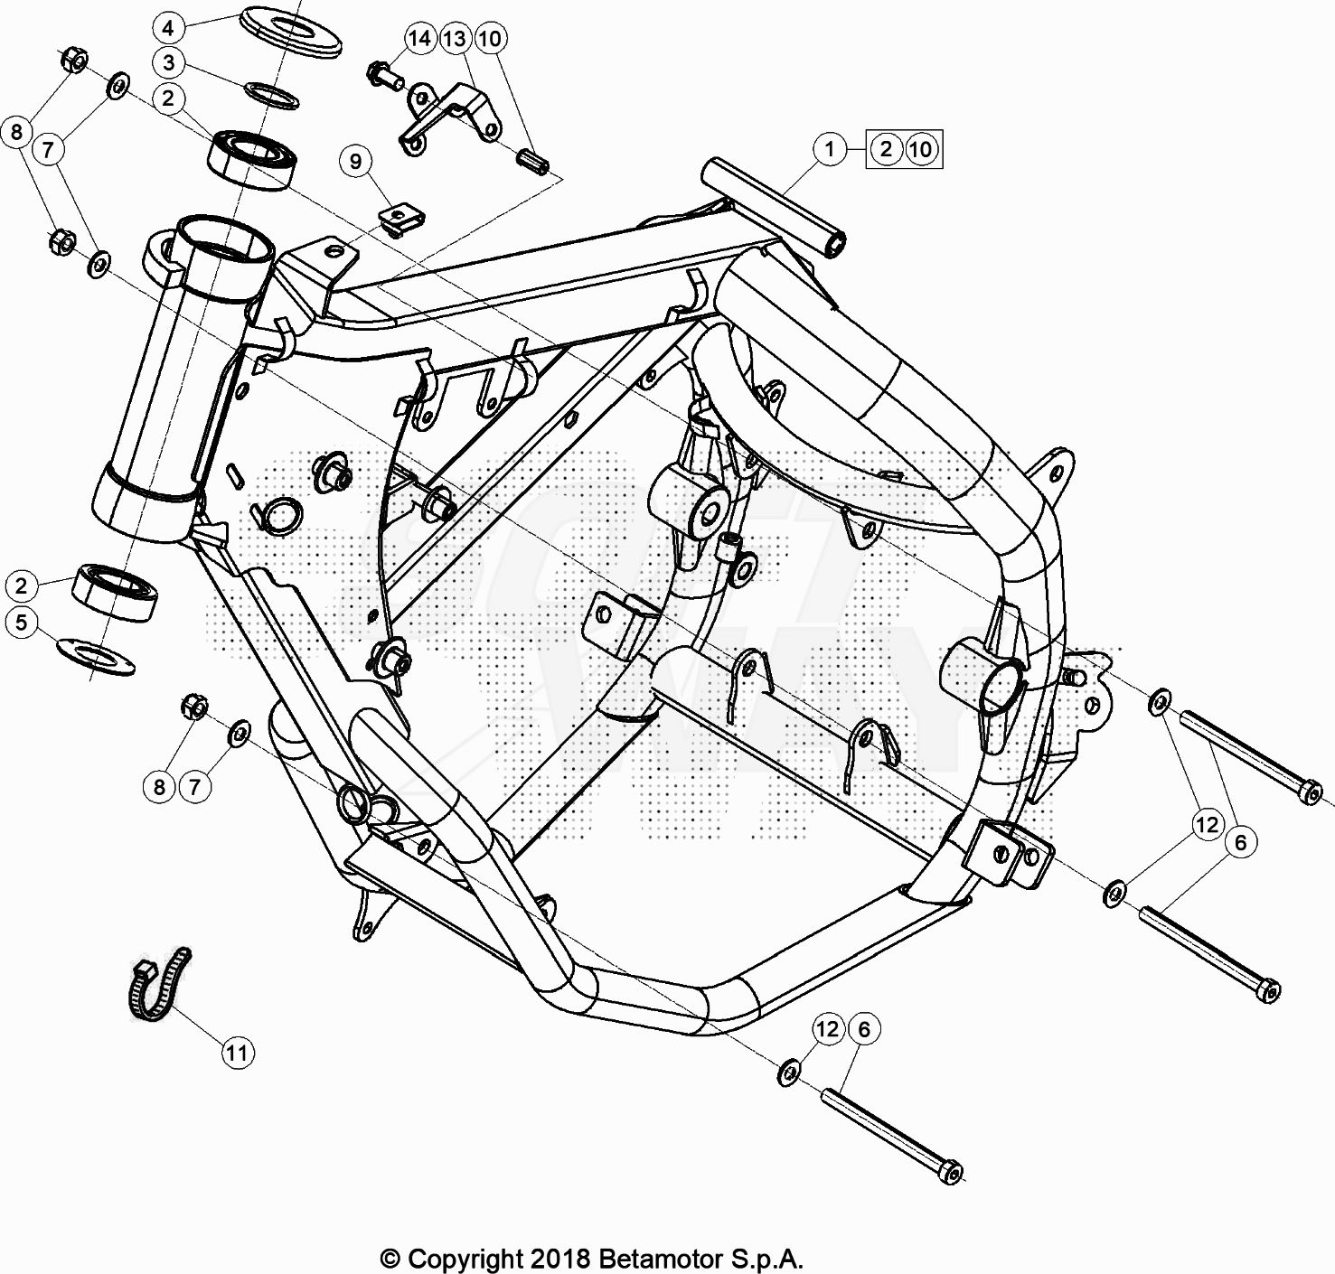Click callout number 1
[829, 148]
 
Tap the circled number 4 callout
[169, 28]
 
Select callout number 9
[356, 162]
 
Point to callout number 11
[237, 1053]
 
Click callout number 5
[21, 622]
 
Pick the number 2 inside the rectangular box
[886, 148]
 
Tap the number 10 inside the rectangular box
[921, 148]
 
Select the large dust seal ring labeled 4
[291, 32]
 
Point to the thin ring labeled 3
[271, 95]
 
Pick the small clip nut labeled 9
[401, 220]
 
